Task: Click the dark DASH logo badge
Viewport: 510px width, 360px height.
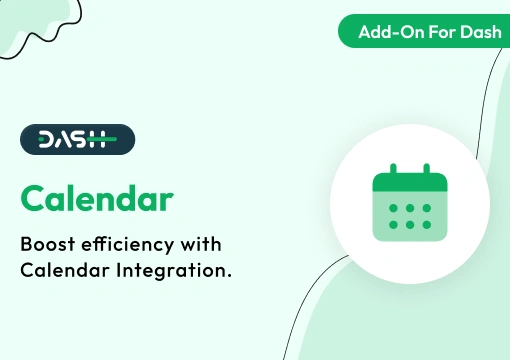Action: coord(77,139)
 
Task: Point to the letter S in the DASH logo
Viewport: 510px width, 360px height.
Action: coord(84,139)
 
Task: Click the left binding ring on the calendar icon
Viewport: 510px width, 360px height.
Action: coord(392,171)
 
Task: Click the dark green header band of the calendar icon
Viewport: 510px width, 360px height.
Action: coord(408,184)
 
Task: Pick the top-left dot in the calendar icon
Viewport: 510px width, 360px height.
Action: coord(392,208)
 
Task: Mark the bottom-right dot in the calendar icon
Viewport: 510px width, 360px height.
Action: coord(424,224)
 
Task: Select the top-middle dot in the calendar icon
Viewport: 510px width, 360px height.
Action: coord(408,208)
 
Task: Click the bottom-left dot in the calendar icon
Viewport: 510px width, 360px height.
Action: coord(392,224)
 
